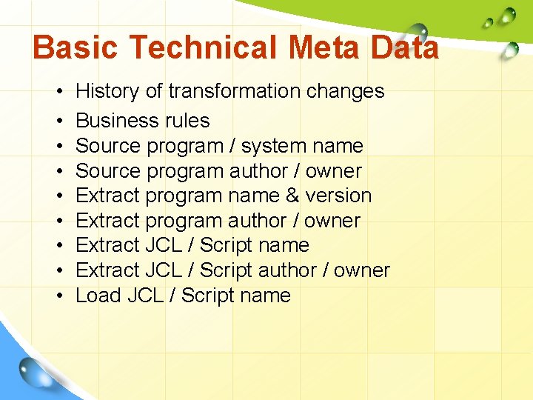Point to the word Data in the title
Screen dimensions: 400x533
pyautogui.click(x=406, y=48)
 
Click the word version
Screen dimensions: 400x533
pyautogui.click(x=343, y=196)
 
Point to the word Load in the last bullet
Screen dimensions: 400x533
pyautogui.click(x=98, y=296)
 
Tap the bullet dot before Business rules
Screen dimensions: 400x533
pyautogui.click(x=58, y=121)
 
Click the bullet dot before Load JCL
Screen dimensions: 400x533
pyautogui.click(x=58, y=296)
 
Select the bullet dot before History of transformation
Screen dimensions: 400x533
pyautogui.click(x=58, y=91)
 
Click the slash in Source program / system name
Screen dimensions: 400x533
pyautogui.click(x=232, y=146)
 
